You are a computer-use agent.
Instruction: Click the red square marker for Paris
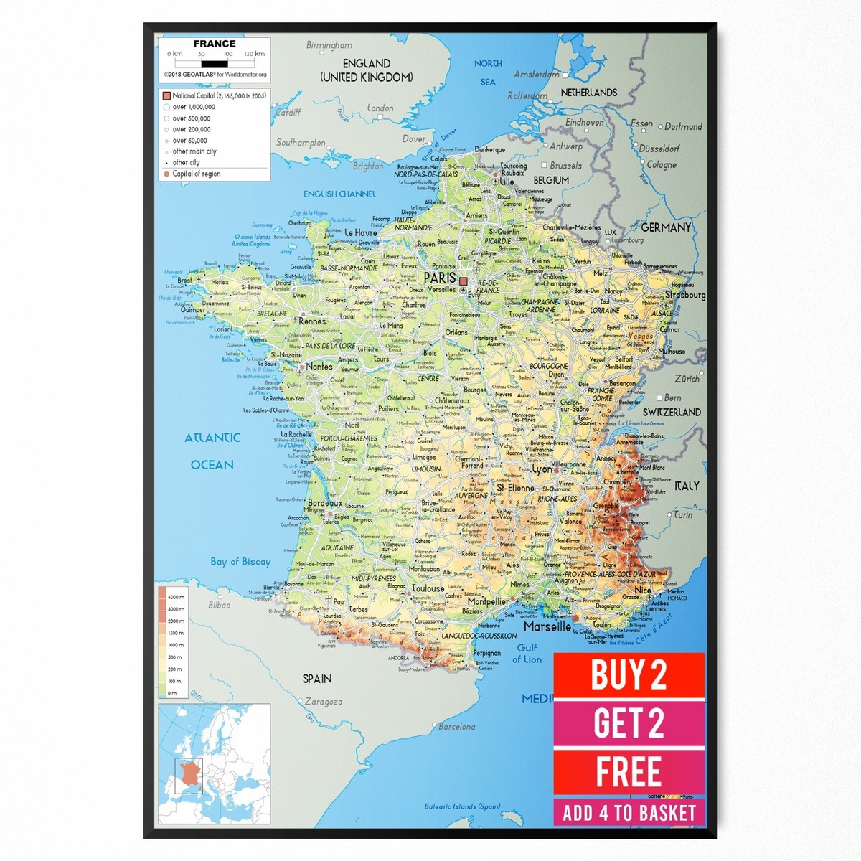[x=464, y=282]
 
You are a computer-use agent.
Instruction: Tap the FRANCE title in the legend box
[x=214, y=44]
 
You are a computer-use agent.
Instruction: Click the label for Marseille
[x=547, y=626]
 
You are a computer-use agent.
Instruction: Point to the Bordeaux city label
[x=325, y=504]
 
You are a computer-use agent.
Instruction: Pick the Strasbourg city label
[x=685, y=295]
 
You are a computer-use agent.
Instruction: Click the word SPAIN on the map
[x=316, y=679]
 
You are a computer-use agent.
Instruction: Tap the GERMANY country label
[x=666, y=227]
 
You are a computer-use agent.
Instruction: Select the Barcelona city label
[x=457, y=727]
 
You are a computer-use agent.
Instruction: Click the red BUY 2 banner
[x=629, y=674]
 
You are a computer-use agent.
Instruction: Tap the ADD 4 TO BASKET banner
[x=629, y=813]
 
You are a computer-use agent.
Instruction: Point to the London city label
[x=381, y=108]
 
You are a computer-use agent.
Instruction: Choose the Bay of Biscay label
[x=240, y=562]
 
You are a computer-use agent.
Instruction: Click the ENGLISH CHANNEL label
[x=339, y=194]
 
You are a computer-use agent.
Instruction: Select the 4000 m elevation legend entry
[x=177, y=597]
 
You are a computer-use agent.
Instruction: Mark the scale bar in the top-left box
[x=215, y=64]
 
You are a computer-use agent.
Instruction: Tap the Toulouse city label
[x=428, y=588]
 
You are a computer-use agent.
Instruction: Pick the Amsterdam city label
[x=536, y=75]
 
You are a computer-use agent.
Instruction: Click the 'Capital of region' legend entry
[x=196, y=174]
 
